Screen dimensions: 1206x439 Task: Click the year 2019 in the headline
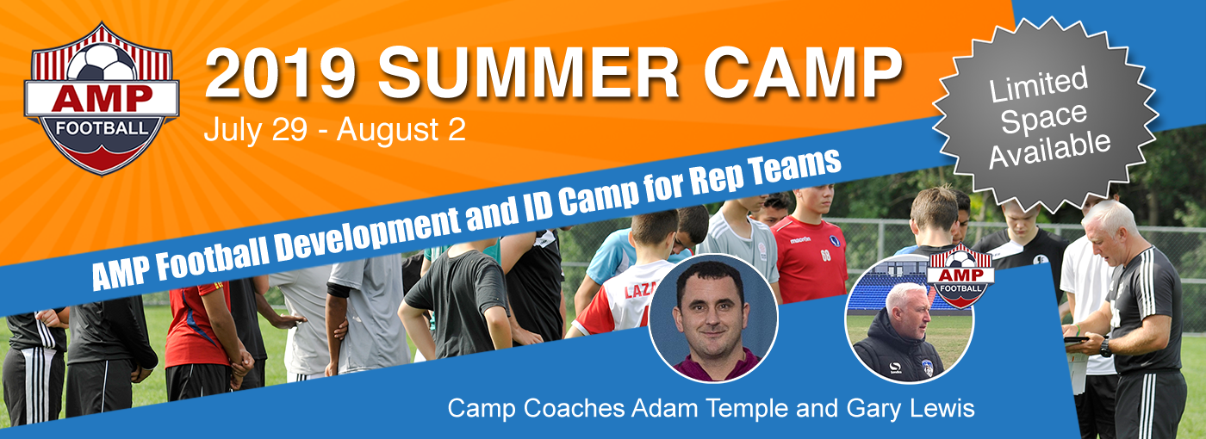coord(280,72)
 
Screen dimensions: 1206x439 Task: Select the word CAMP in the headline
coord(803,72)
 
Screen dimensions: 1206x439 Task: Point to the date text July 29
coord(256,131)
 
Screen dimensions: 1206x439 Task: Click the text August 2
coord(401,130)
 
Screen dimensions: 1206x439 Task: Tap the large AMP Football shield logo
coord(102,99)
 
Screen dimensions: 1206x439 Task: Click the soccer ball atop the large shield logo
coord(103,62)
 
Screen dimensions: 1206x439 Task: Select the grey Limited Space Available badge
coord(1045,114)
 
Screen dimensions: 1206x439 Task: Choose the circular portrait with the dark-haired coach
coord(713,318)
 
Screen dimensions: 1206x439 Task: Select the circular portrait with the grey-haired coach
coord(910,318)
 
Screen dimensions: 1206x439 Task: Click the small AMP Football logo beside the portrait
coord(960,276)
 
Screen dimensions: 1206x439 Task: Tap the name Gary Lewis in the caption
coord(911,408)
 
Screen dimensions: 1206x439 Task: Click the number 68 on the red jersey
coord(826,255)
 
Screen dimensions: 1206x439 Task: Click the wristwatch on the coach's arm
coord(1104,348)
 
